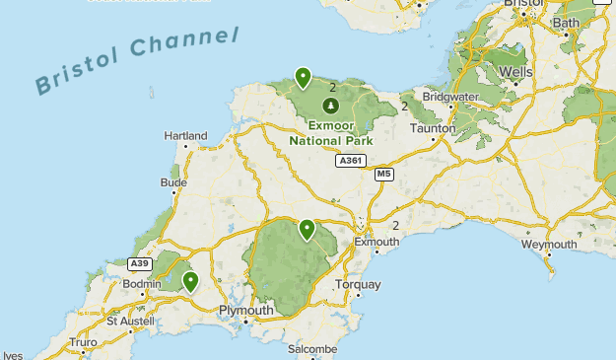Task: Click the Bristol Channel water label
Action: [x=138, y=63]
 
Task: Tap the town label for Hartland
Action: [x=185, y=135]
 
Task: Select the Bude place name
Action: [x=172, y=182]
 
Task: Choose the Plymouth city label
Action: [x=245, y=311]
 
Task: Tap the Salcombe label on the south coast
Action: [x=311, y=349]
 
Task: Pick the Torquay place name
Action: [x=357, y=285]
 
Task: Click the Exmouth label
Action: [x=376, y=241]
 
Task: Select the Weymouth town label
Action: [x=548, y=244]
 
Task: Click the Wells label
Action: [x=515, y=72]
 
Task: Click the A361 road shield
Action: [x=349, y=160]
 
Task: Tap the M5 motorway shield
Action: [x=384, y=174]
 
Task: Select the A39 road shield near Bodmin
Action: [x=140, y=263]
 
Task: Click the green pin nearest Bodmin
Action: [x=190, y=282]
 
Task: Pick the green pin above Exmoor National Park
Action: [x=303, y=77]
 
